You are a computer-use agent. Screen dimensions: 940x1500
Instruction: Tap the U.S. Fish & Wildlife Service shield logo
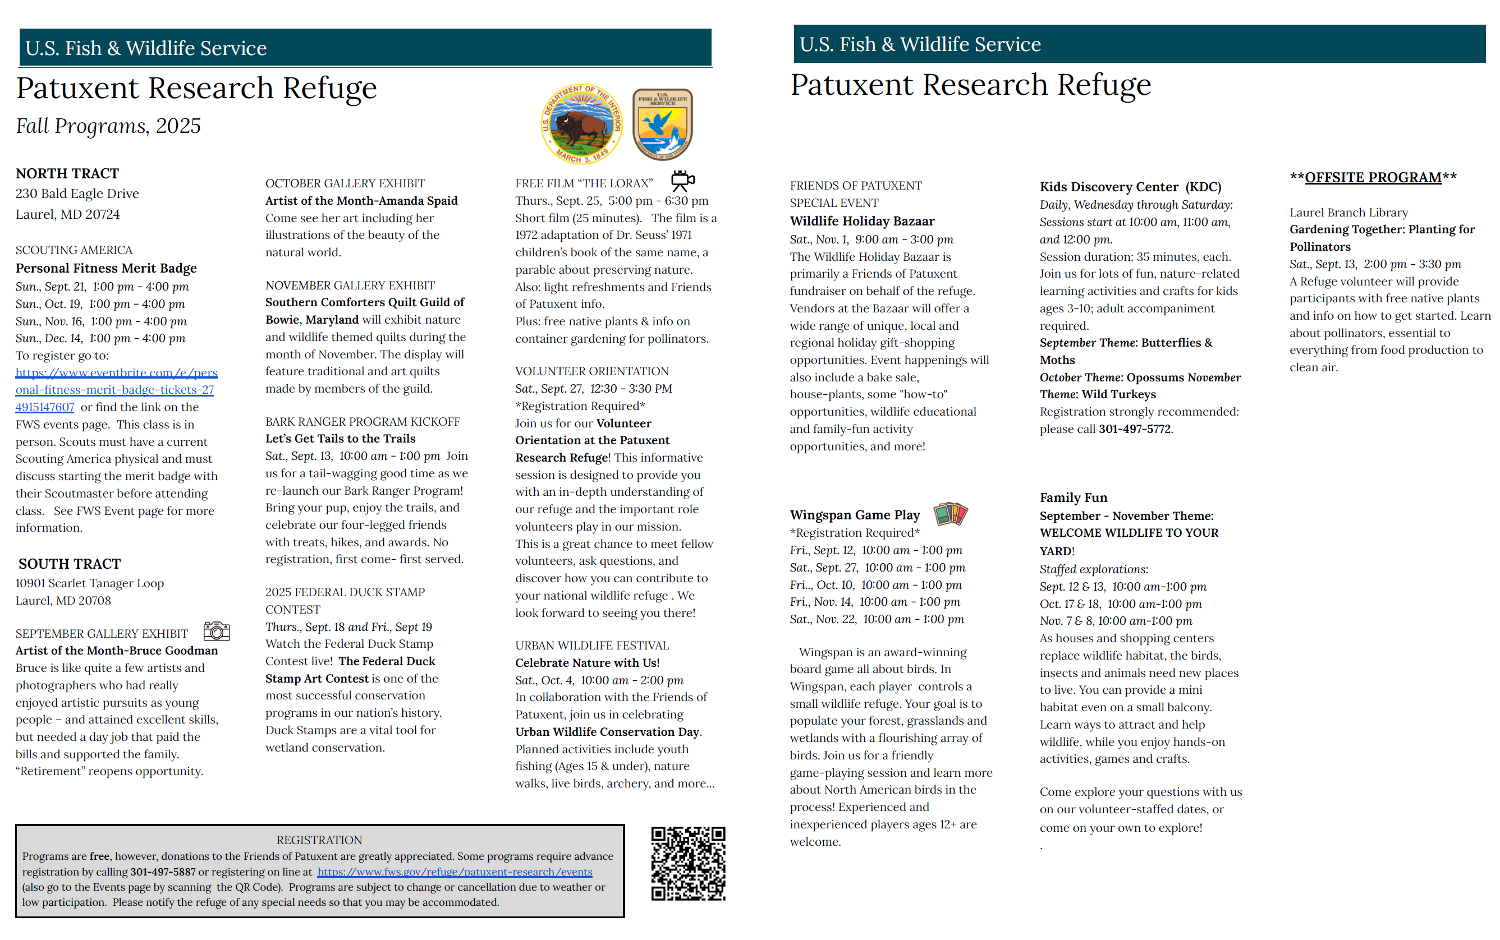[x=662, y=125]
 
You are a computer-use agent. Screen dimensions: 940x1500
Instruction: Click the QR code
[x=688, y=863]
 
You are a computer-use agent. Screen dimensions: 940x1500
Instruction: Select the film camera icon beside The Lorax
[x=682, y=181]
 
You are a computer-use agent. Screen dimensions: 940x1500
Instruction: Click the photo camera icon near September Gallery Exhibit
[x=217, y=631]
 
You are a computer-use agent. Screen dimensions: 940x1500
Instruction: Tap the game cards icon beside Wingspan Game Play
[x=950, y=514]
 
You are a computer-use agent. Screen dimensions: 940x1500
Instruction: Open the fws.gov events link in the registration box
[x=455, y=872]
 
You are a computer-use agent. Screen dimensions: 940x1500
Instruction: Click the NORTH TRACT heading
[x=67, y=173]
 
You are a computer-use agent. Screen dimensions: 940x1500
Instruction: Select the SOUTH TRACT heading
[x=70, y=564]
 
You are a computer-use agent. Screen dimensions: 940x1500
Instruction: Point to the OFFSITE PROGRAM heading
[x=1373, y=178]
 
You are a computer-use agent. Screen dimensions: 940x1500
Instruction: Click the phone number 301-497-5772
[x=1134, y=429]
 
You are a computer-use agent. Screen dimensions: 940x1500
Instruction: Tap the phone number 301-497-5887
[x=162, y=872]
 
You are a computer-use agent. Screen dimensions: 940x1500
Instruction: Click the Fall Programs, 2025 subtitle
[x=108, y=126]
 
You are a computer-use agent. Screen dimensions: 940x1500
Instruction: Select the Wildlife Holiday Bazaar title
[x=862, y=222]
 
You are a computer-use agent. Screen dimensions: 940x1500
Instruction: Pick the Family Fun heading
[x=1074, y=497]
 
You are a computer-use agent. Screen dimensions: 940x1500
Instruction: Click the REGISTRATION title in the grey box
[x=319, y=840]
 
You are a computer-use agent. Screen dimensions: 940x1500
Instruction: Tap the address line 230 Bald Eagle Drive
[x=77, y=194]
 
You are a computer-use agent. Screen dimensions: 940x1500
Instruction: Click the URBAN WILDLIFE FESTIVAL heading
[x=591, y=646]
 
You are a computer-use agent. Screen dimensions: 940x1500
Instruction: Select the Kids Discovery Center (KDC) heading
[x=1130, y=187]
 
